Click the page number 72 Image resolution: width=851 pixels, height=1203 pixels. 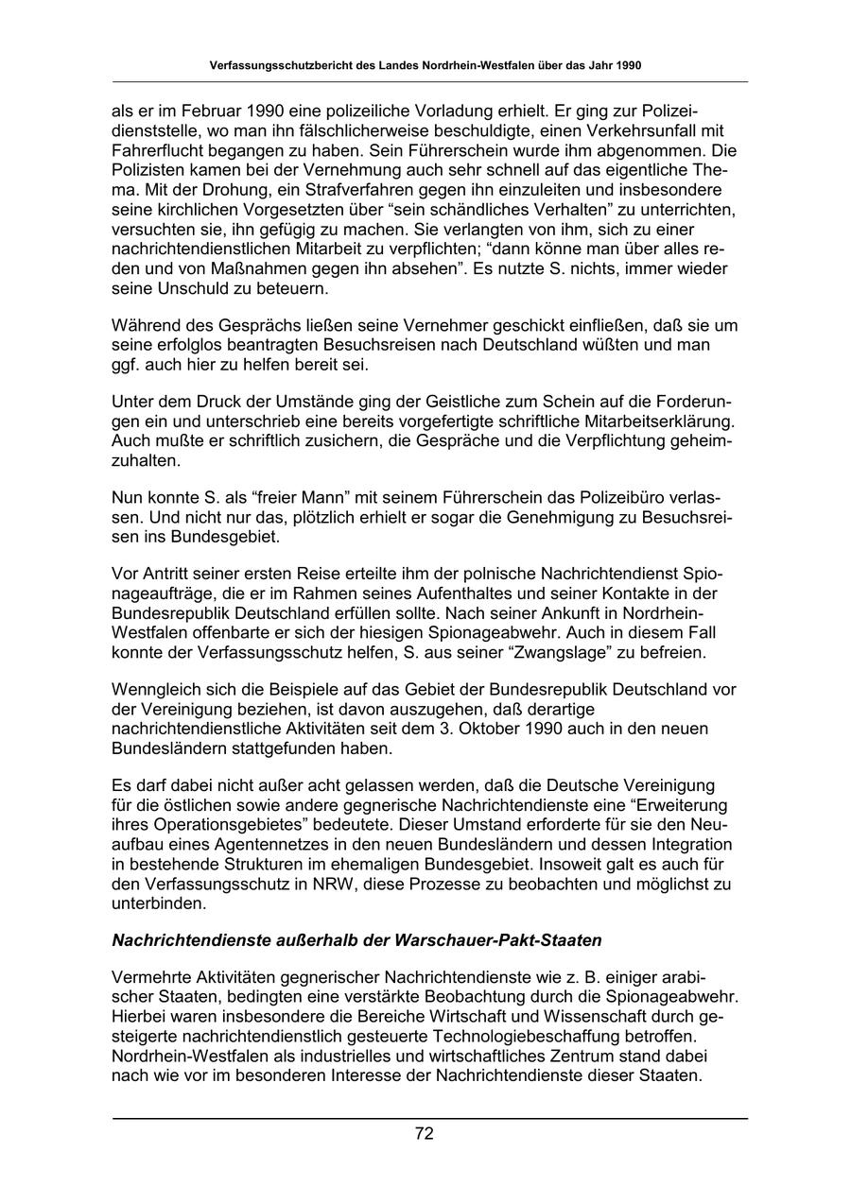click(x=425, y=1134)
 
